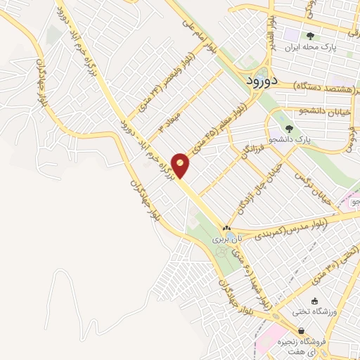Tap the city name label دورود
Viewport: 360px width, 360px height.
pyautogui.click(x=264, y=82)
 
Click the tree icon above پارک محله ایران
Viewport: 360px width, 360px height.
pyautogui.click(x=310, y=34)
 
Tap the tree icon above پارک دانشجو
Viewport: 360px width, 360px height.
pyautogui.click(x=289, y=128)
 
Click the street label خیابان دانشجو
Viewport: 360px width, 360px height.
pyautogui.click(x=319, y=111)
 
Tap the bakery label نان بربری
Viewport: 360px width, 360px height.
pyautogui.click(x=224, y=240)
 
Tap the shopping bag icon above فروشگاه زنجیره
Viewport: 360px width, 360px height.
pyautogui.click(x=301, y=330)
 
